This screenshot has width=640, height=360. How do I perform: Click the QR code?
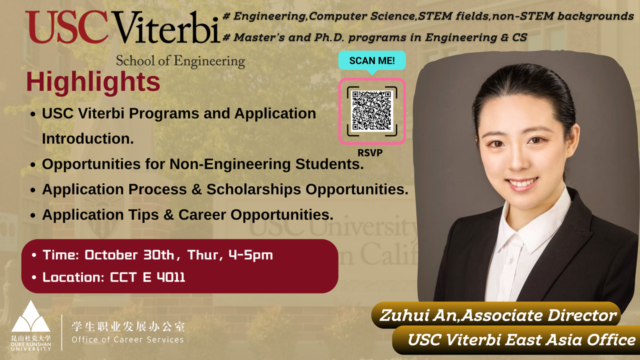tap(371, 111)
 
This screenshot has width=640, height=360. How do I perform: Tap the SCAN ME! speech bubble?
tap(371, 60)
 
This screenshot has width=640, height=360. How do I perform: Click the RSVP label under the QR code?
tap(370, 153)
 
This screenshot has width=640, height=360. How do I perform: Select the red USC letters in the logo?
tap(66, 27)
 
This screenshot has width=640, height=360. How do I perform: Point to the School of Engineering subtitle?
tap(180, 61)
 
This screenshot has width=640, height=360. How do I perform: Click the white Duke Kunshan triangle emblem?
tap(30, 317)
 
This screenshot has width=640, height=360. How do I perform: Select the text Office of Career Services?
tap(127, 340)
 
